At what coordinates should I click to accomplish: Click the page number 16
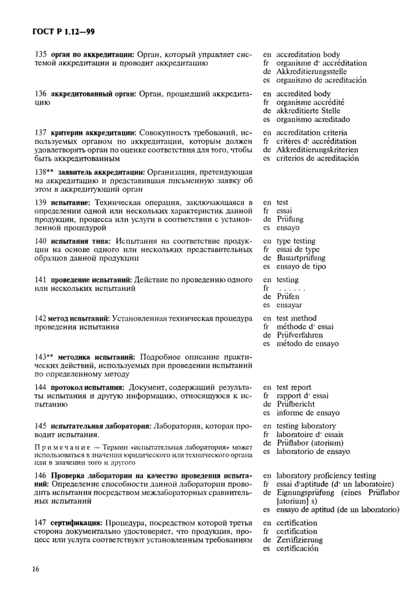click(x=36, y=569)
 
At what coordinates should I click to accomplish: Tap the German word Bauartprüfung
click(x=301, y=258)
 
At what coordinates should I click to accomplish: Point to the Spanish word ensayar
click(x=289, y=305)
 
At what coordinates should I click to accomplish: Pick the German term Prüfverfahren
click(x=300, y=335)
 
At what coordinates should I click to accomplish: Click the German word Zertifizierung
click(x=299, y=540)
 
